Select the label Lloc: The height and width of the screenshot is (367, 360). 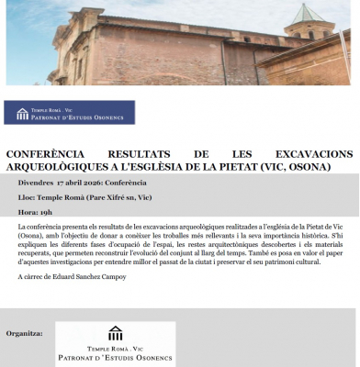[28, 197]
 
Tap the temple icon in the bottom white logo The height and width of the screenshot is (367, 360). [116, 332]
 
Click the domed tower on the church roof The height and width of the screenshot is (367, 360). [308, 23]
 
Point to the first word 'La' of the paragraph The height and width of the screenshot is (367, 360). [22, 225]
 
